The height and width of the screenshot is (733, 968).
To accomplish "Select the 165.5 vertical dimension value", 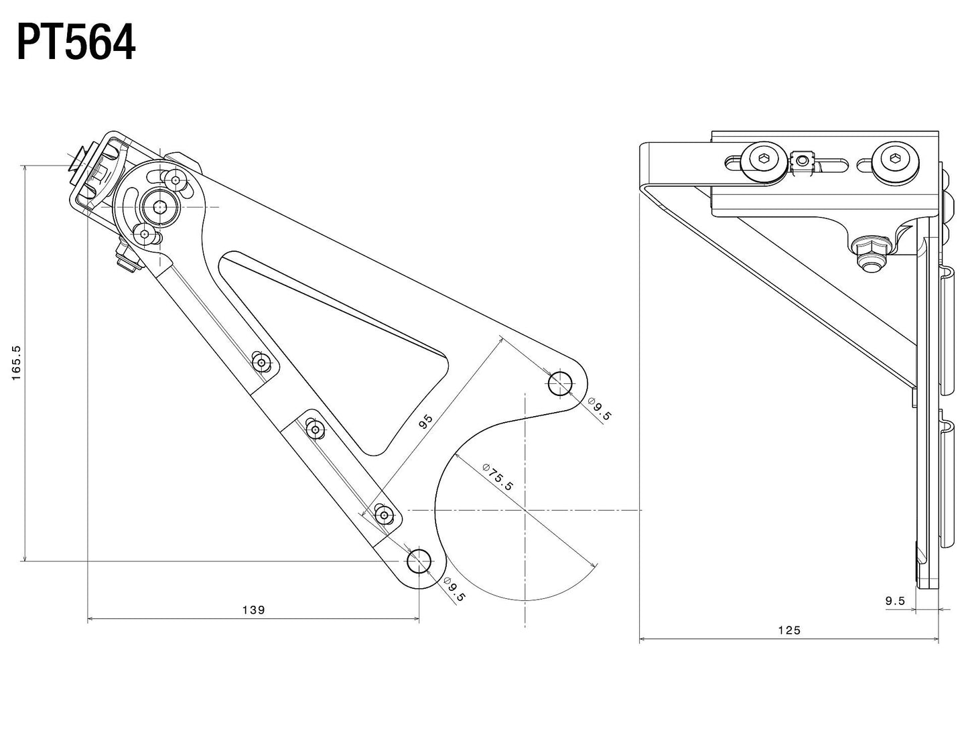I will (x=17, y=362).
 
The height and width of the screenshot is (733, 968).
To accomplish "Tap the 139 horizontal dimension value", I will (x=253, y=610).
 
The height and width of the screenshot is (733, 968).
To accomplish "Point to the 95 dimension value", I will (x=425, y=421).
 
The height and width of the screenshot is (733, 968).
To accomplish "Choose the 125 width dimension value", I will (x=789, y=630).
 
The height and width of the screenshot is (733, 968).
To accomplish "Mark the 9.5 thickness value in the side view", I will (x=895, y=601).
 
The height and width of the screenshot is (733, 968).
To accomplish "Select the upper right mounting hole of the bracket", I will (x=560, y=384).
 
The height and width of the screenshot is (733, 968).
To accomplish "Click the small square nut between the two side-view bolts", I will (x=801, y=161).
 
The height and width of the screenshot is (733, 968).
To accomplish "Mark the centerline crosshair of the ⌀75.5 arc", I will (x=525, y=510).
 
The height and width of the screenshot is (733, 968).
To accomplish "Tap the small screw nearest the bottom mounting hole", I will (x=385, y=515).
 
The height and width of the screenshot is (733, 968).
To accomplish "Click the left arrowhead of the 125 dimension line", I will (x=642, y=640).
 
